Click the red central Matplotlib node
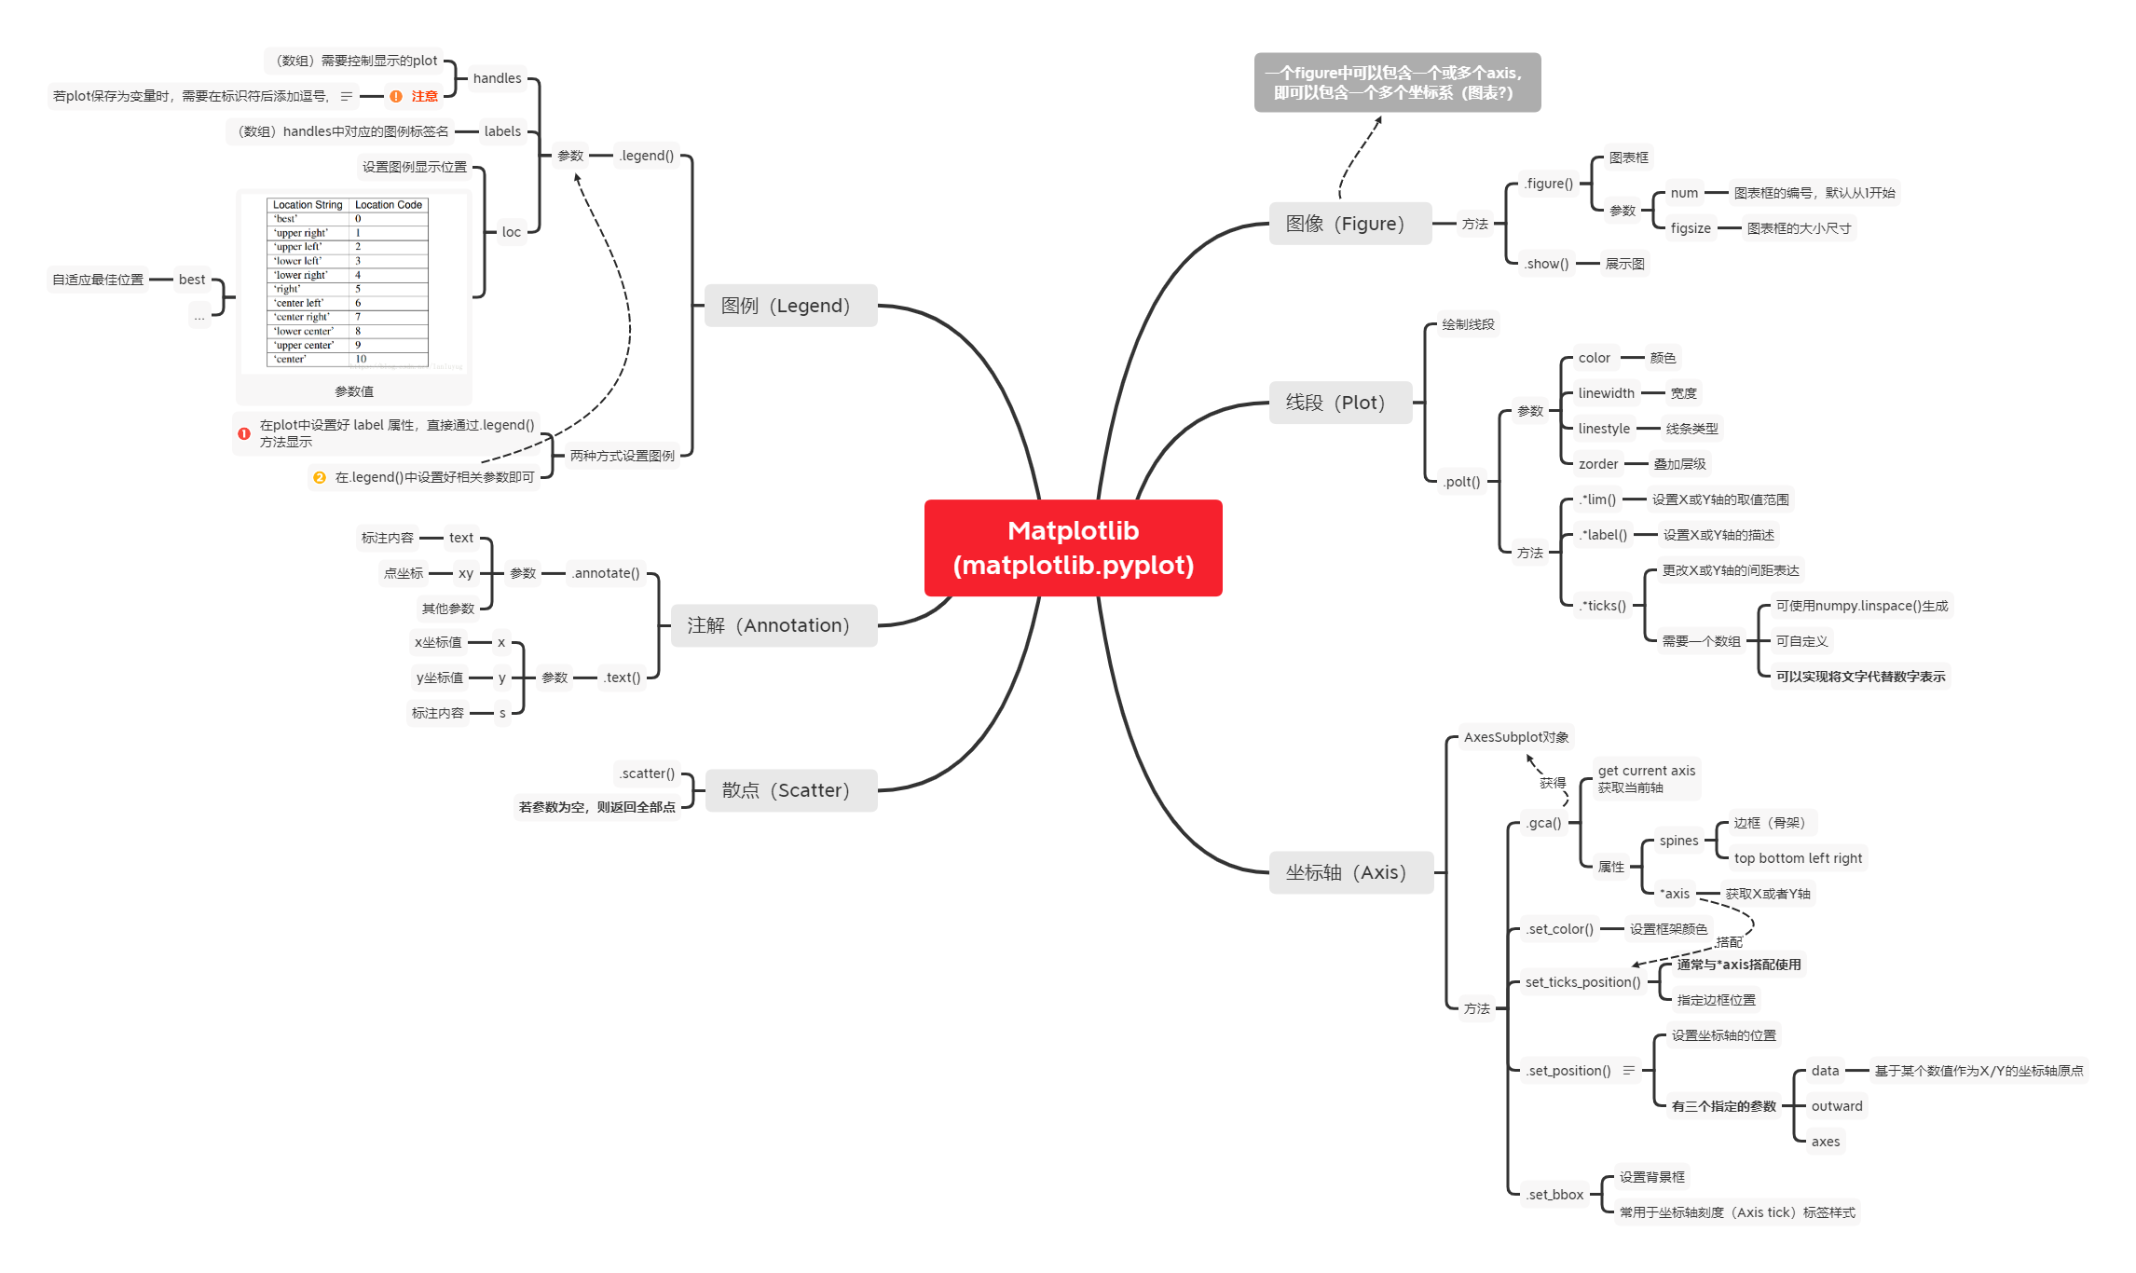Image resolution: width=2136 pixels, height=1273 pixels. [x=1073, y=548]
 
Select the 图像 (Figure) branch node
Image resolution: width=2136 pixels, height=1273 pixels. [x=1349, y=224]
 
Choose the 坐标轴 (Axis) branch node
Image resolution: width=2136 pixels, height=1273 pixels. [x=1350, y=872]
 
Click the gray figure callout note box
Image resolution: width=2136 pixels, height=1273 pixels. [x=1396, y=83]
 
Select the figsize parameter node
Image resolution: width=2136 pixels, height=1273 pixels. [x=1691, y=228]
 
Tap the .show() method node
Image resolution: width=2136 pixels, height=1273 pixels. [x=1547, y=264]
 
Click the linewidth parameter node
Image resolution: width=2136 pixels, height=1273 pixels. [x=1606, y=393]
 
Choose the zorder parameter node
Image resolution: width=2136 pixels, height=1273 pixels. [x=1598, y=464]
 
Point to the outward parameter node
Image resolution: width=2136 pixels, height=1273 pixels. [x=1836, y=1106]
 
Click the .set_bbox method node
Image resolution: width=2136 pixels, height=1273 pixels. [x=1555, y=1195]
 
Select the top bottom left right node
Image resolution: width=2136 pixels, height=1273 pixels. [x=1798, y=858]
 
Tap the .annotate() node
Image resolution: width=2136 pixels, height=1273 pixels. [x=606, y=573]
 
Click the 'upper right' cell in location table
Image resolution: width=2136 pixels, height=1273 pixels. [x=301, y=233]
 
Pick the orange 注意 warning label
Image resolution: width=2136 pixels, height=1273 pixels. [x=424, y=96]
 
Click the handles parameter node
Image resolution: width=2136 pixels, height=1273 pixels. [x=497, y=78]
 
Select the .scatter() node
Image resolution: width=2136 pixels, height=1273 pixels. [x=648, y=773]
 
